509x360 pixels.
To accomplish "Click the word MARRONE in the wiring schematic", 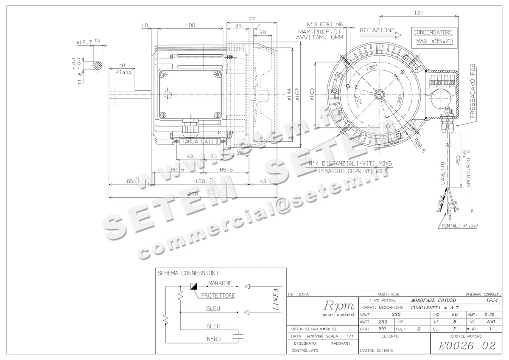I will (x=220, y=283).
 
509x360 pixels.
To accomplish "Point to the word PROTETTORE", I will (x=218, y=295).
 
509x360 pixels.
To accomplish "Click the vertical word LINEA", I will (x=276, y=300).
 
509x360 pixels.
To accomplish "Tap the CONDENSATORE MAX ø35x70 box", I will (x=433, y=37).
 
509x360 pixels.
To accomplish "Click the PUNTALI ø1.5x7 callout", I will (x=460, y=226).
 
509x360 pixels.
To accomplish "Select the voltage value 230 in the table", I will (x=395, y=315).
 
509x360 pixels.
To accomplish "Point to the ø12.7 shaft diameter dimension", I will (x=85, y=42).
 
